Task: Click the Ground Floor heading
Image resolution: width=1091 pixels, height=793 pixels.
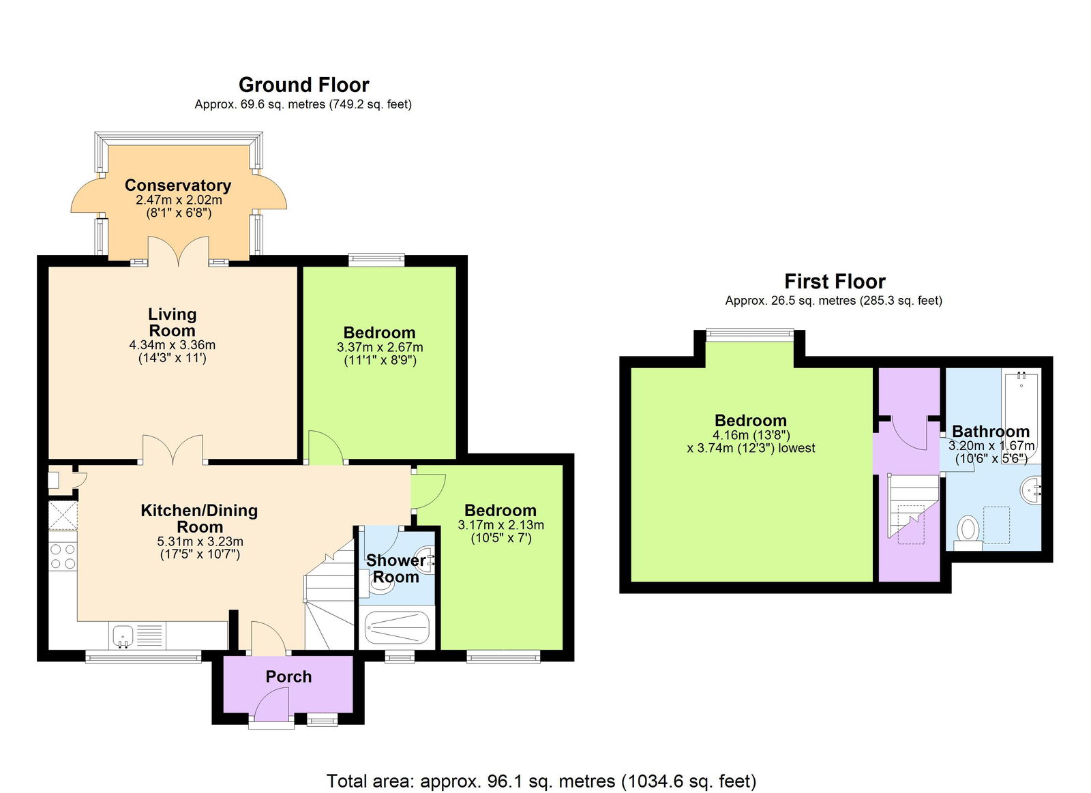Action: point(303,85)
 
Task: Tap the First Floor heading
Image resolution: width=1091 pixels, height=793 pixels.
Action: point(834,282)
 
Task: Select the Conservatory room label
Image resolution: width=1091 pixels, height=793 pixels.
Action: point(178,185)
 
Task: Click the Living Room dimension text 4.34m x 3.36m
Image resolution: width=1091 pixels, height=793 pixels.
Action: point(172,345)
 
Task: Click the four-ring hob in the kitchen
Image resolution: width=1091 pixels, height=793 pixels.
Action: point(63,556)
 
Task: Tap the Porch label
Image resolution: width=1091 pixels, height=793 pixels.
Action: point(288,676)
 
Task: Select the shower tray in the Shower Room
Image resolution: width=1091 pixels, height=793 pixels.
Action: point(397,628)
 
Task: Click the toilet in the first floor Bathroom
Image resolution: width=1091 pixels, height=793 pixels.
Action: point(968,530)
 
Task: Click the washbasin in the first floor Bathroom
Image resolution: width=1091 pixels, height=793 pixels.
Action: point(1032,488)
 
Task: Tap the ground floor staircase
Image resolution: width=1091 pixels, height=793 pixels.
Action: point(329,600)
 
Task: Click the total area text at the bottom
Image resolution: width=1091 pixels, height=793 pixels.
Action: point(541,781)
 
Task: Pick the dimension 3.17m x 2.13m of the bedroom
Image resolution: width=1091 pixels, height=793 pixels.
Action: point(500,525)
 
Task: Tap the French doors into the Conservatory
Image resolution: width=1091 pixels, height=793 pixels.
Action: point(179,252)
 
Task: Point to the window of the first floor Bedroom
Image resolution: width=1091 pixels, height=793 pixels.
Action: point(749,334)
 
